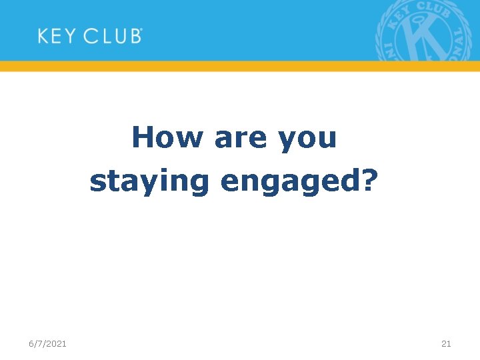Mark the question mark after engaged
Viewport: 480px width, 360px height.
coord(369,179)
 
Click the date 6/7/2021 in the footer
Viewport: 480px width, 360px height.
coord(47,343)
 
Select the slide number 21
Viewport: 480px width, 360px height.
coord(446,343)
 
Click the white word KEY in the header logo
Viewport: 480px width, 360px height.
coord(57,35)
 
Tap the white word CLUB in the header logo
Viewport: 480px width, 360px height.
coord(111,35)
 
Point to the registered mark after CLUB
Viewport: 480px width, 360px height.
coord(141,31)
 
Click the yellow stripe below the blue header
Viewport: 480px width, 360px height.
coord(240,66)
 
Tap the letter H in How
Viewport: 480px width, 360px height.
coord(142,138)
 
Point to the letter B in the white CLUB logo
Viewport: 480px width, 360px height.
coord(133,35)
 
